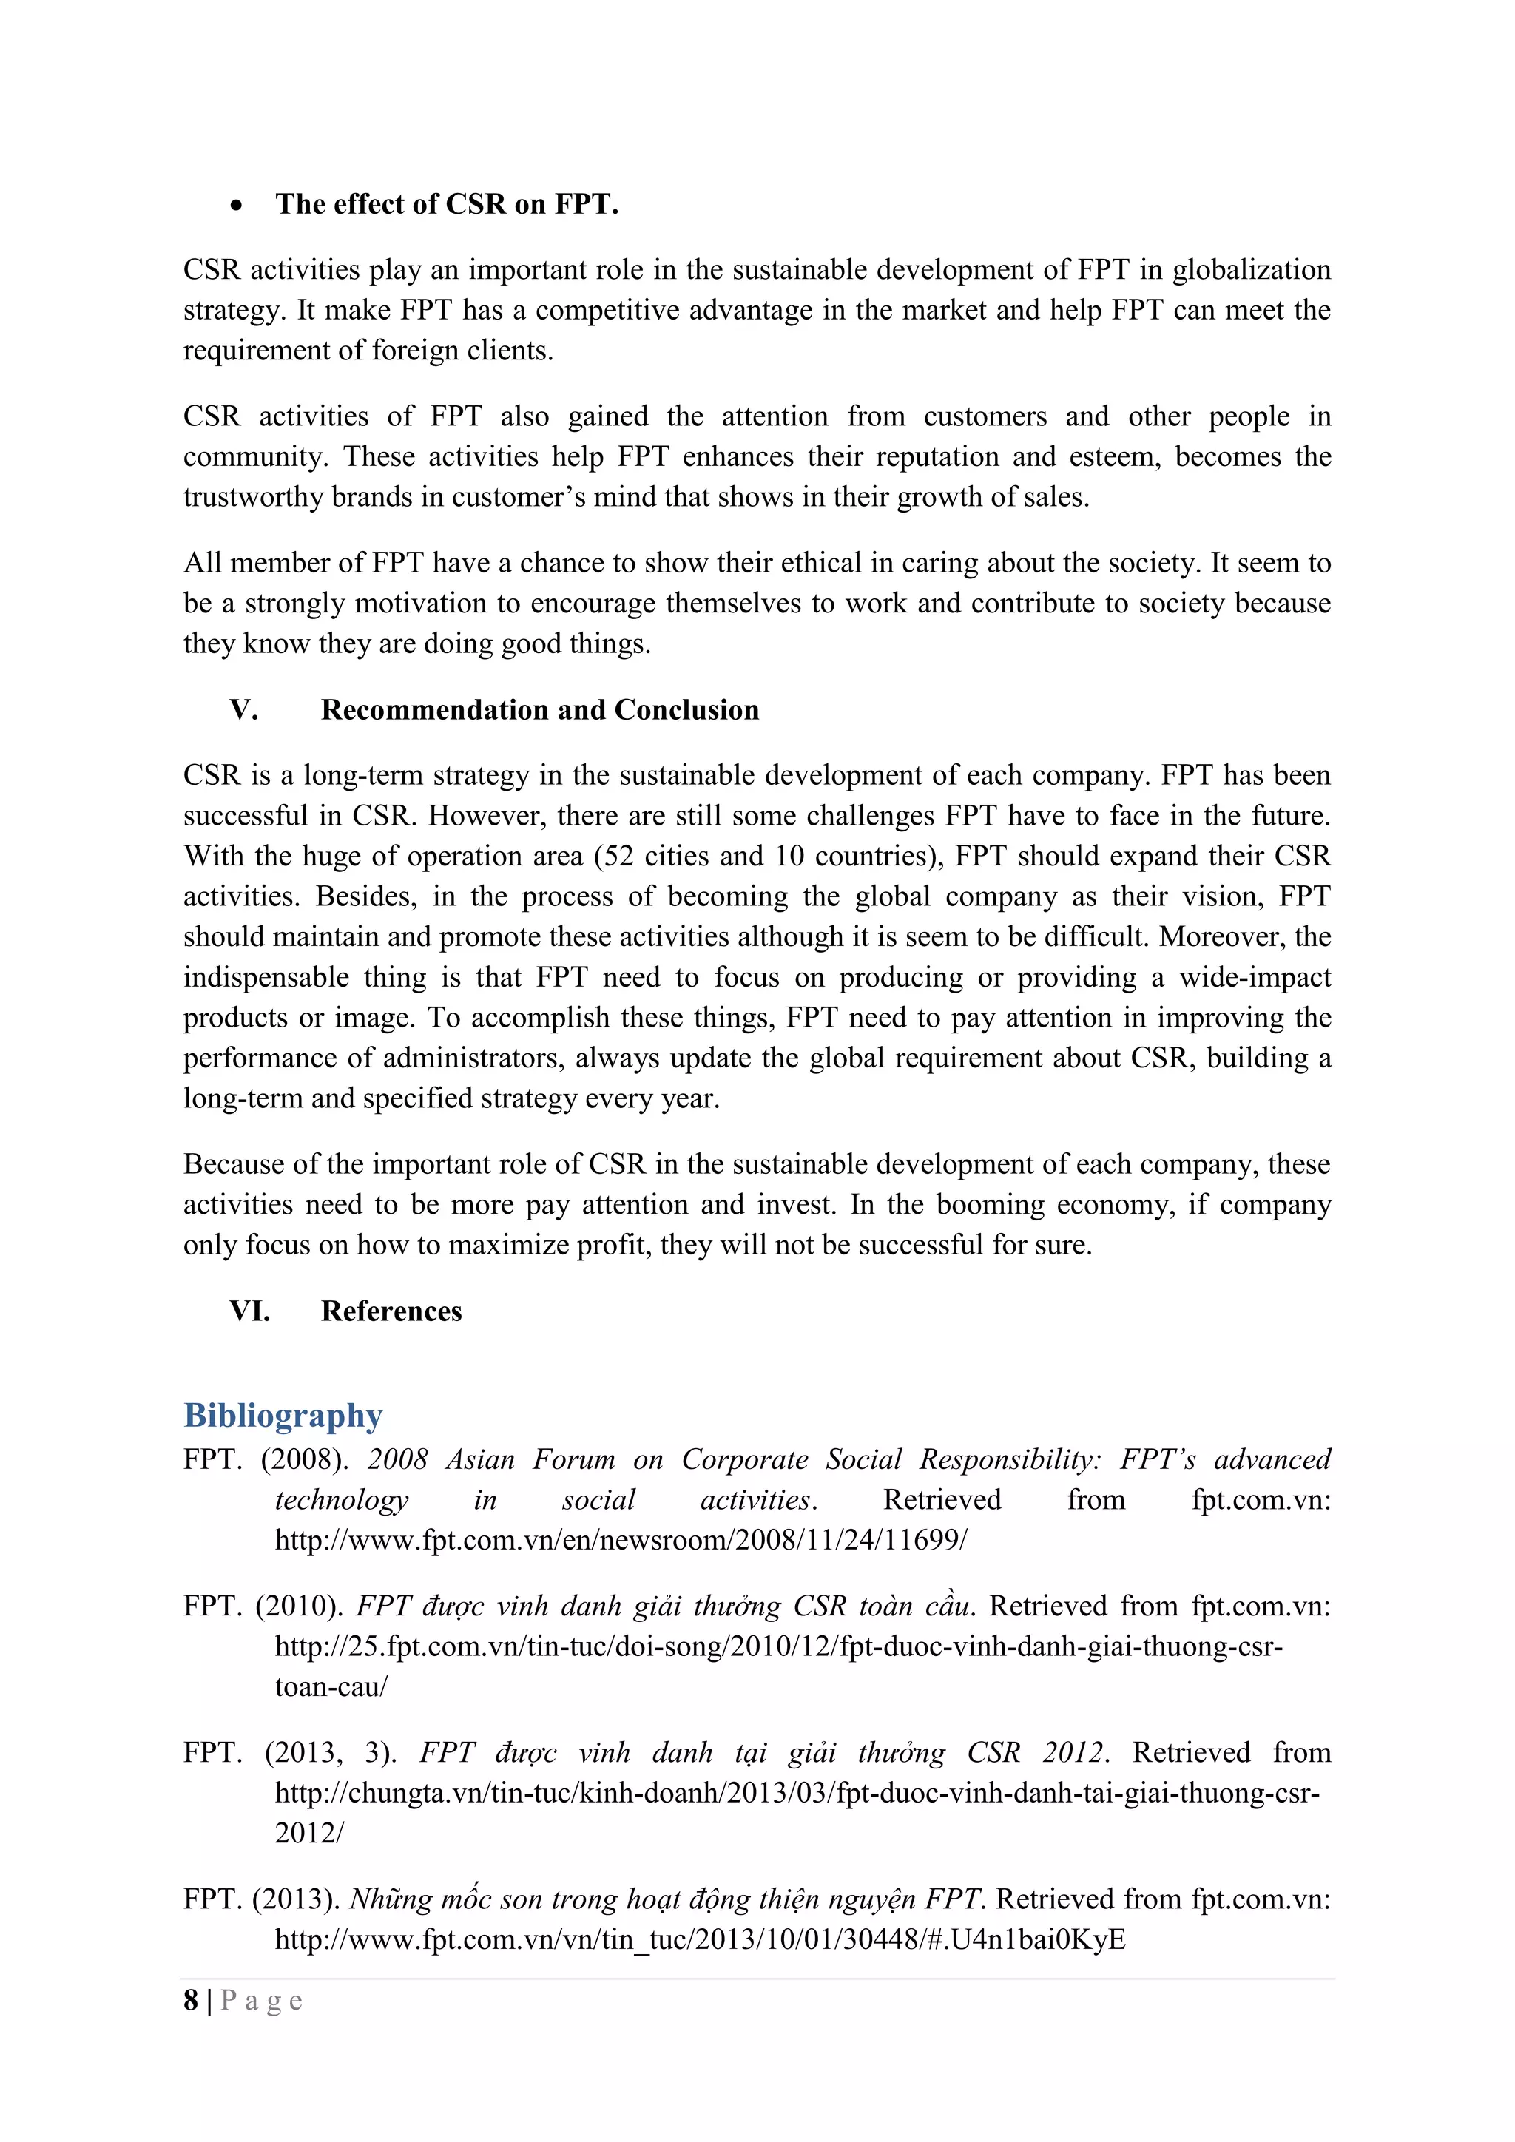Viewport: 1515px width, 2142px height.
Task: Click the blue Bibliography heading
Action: (x=283, y=1415)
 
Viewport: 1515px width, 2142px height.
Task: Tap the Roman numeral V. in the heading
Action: (x=243, y=710)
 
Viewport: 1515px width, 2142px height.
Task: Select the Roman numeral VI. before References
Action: (x=250, y=1311)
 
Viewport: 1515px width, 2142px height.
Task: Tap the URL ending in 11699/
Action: (x=621, y=1539)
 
